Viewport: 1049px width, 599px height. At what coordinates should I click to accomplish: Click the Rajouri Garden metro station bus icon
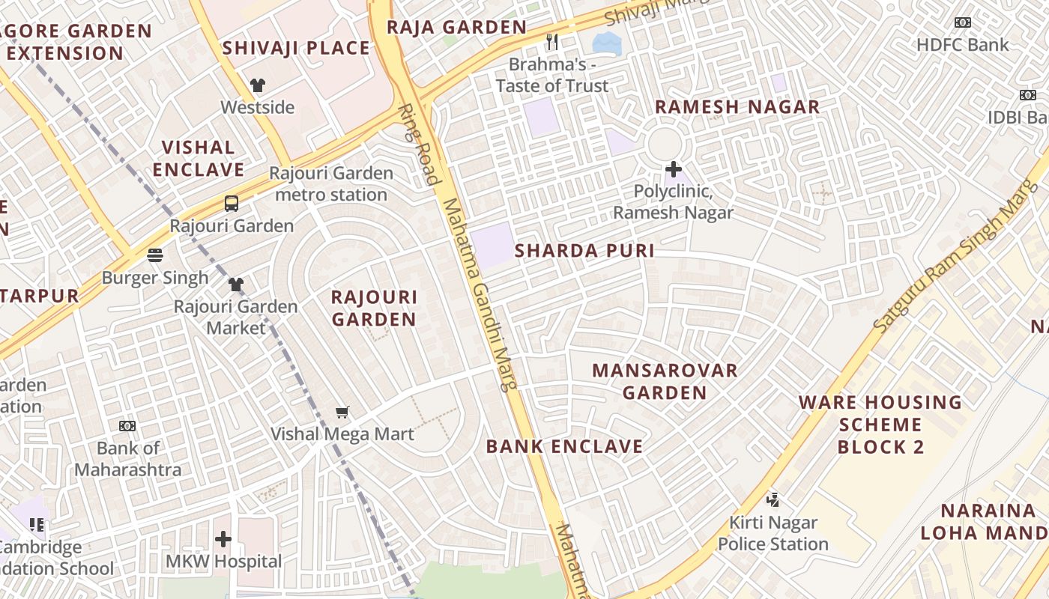tap(232, 203)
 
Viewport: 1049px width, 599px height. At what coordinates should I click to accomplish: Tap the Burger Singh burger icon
tap(155, 255)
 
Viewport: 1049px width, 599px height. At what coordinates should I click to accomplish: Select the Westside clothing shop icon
tap(258, 85)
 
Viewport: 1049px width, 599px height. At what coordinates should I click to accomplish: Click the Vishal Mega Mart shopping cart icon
tap(342, 411)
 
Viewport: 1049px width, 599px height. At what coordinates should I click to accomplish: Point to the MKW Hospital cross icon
tap(223, 539)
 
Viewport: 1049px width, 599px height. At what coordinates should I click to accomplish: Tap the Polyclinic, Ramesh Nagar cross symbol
tap(673, 169)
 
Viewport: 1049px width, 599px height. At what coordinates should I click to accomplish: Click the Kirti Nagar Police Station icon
tap(773, 499)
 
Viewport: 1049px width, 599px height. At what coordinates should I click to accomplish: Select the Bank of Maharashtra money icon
tap(127, 426)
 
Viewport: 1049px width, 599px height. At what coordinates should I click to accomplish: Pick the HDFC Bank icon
tap(963, 22)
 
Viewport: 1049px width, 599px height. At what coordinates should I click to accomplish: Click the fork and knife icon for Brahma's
tap(552, 42)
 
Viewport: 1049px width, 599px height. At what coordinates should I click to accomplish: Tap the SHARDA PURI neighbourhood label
tap(584, 251)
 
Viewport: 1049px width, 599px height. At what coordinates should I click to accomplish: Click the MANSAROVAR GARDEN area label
tap(665, 381)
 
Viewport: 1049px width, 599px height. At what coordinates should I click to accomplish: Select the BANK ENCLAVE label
tap(564, 446)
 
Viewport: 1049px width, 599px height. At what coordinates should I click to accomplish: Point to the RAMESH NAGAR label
tap(737, 107)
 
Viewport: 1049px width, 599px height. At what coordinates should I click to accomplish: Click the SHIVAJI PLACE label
tap(296, 49)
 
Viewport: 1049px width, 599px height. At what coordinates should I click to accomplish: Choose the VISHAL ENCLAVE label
tap(199, 158)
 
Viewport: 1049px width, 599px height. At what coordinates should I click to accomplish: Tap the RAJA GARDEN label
tap(456, 28)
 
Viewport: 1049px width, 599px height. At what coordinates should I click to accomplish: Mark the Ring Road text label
tap(420, 145)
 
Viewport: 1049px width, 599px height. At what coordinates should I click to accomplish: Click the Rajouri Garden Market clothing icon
tap(236, 285)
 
